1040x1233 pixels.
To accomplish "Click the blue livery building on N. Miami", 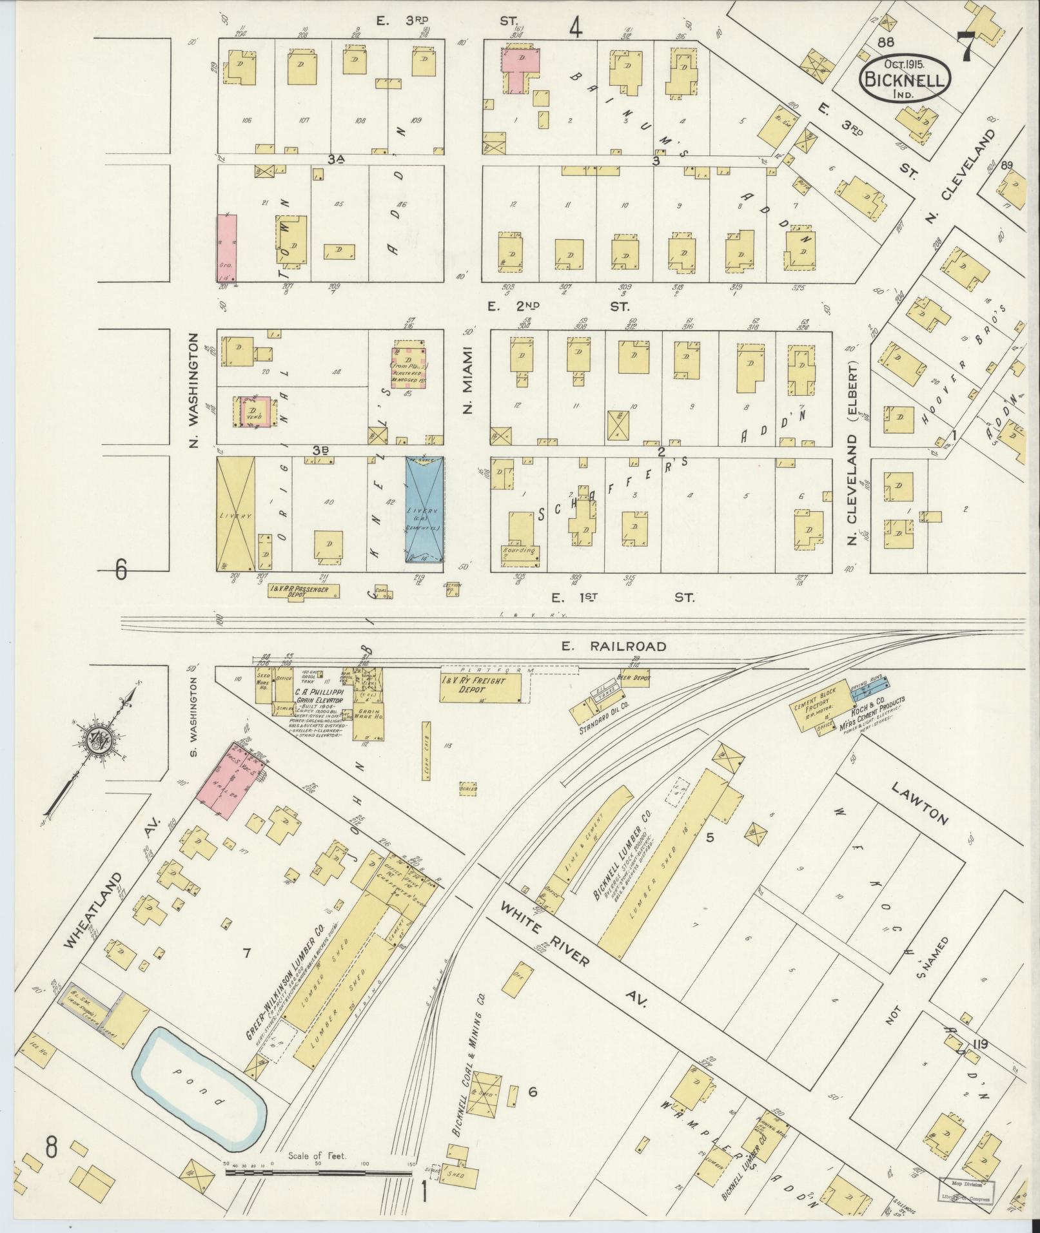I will pos(424,510).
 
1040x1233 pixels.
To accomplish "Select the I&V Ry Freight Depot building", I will pos(481,690).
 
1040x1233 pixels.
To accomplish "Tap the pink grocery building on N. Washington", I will pos(226,249).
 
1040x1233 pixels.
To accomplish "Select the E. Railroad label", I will pos(613,646).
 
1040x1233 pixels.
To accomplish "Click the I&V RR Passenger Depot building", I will pos(303,591).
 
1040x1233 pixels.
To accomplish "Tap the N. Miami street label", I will pos(467,380).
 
